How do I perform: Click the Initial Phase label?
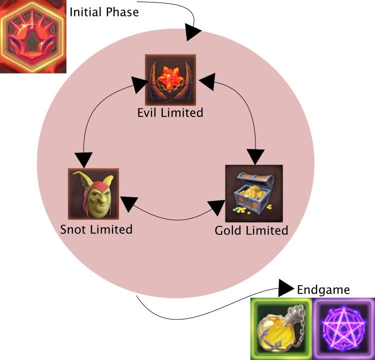(104, 12)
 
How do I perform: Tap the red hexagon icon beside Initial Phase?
(33, 36)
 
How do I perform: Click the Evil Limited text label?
(170, 113)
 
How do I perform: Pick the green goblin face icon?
(93, 194)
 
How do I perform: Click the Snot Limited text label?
(96, 229)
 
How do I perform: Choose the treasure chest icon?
(254, 193)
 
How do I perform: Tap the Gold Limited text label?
(251, 230)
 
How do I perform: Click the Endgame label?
(323, 290)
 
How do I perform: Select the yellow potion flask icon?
(280, 329)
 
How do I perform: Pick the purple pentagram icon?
(344, 329)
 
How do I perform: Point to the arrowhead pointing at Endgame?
(286, 287)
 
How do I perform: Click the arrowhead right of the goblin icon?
(128, 203)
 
